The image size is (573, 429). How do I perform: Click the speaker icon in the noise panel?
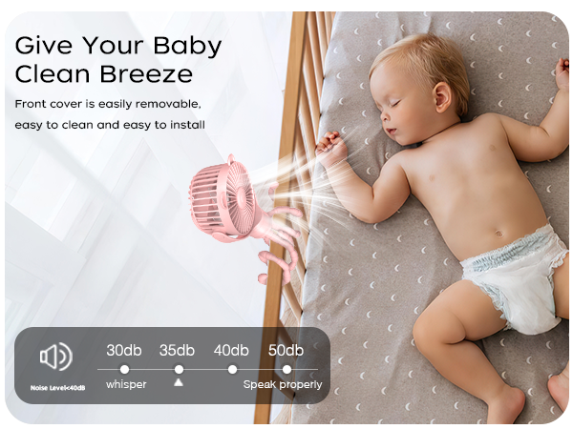[x=55, y=357]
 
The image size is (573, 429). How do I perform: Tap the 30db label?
[x=123, y=350]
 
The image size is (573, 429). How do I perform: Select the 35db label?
[x=178, y=350]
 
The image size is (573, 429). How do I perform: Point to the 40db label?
[x=231, y=350]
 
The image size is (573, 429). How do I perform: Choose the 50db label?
[x=286, y=350]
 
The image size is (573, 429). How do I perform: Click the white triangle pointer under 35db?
[x=178, y=382]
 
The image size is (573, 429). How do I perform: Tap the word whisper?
[x=125, y=384]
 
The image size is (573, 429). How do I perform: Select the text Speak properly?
[x=283, y=384]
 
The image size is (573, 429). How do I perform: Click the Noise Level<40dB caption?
[x=56, y=388]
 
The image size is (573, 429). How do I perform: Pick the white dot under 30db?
[x=124, y=368]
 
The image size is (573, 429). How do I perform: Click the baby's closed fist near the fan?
[x=329, y=147]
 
